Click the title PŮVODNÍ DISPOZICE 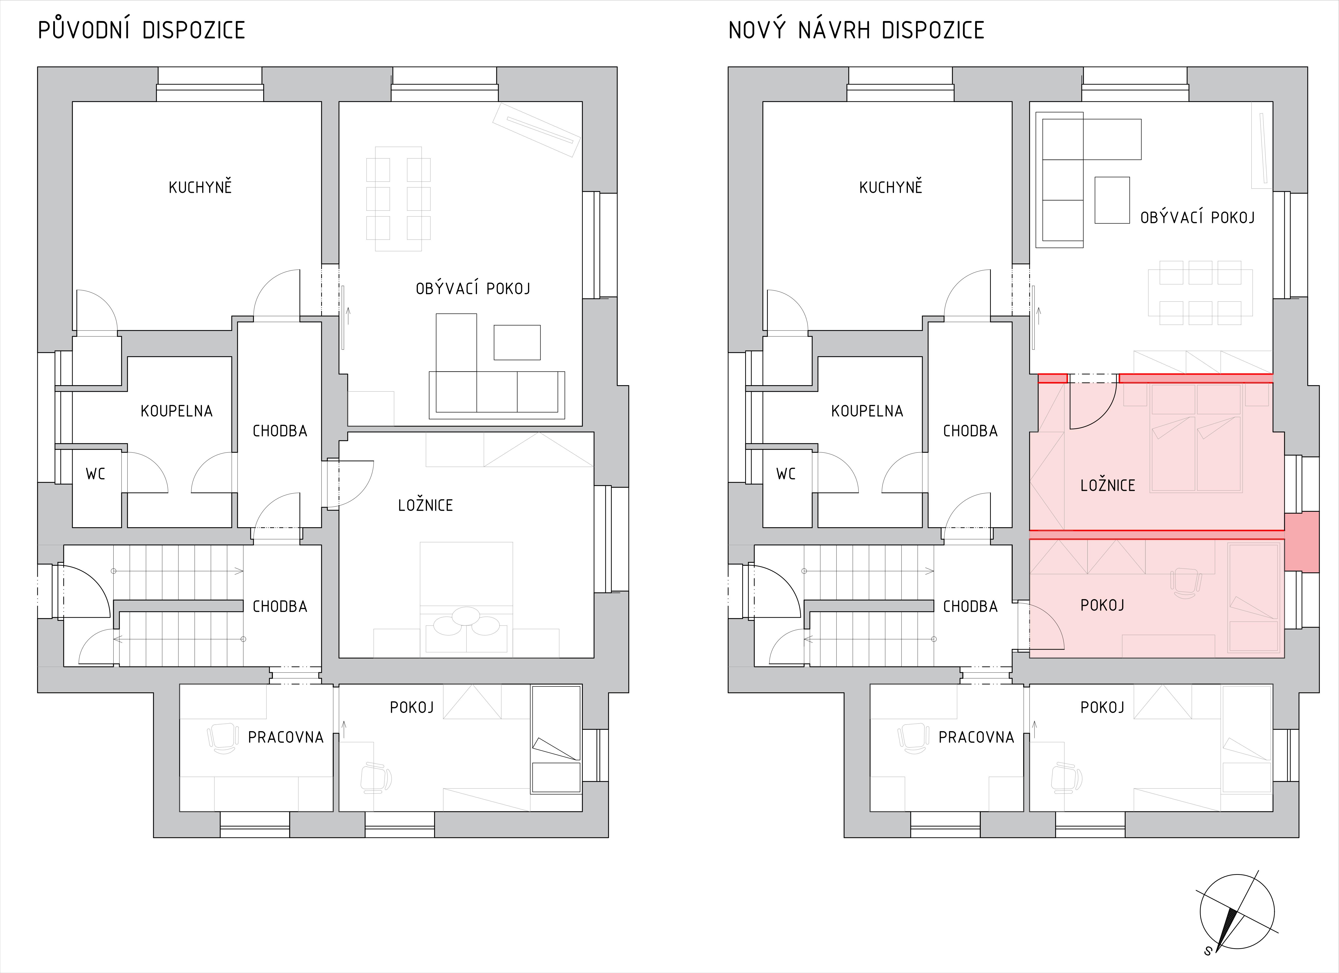(x=142, y=30)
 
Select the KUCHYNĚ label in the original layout (x=200, y=187)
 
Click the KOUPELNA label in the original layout (x=176, y=411)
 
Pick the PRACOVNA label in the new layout (x=976, y=737)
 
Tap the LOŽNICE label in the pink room (x=1108, y=485)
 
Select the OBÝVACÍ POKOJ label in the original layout (x=473, y=289)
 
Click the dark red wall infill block (x=1301, y=542)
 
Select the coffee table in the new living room (x=1112, y=200)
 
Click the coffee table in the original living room (x=517, y=342)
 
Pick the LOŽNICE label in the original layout (x=425, y=505)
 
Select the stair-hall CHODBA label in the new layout (x=970, y=606)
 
